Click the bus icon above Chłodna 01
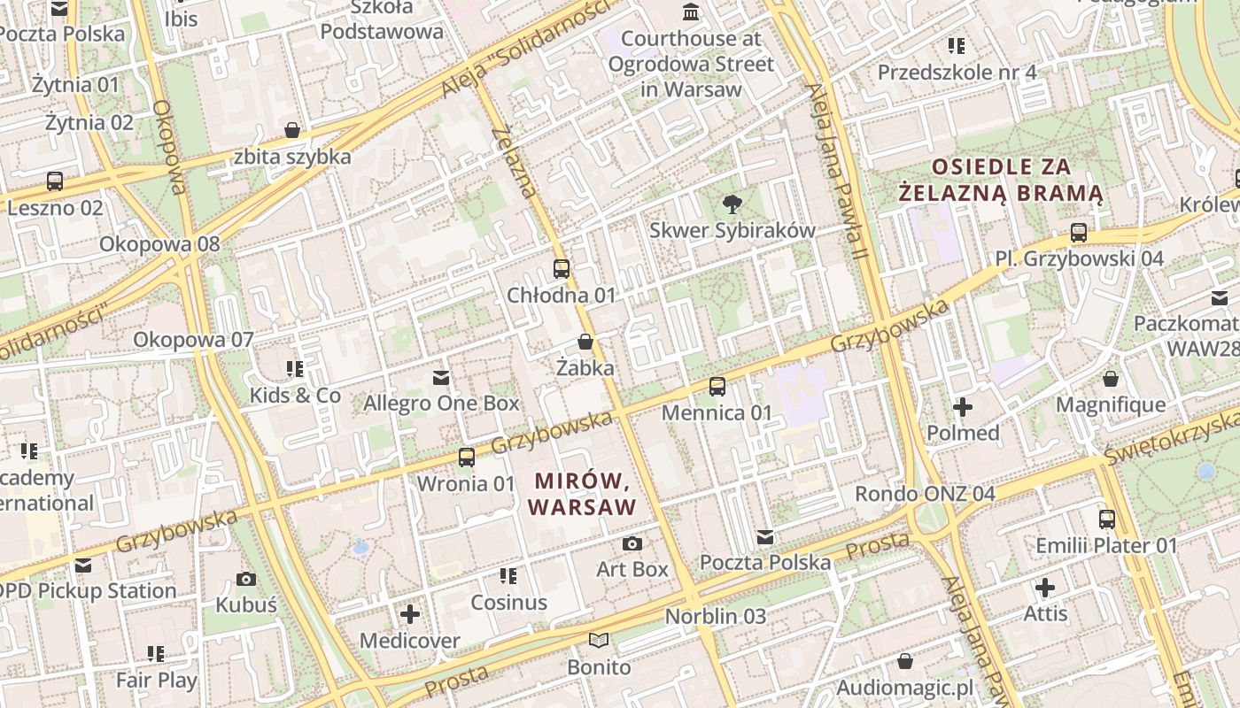tap(562, 269)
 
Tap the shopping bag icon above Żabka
tap(585, 342)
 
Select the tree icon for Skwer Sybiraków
tap(732, 205)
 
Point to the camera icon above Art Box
tap(632, 543)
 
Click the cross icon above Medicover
tap(410, 614)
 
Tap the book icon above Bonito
tap(599, 641)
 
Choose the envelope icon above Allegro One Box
tap(440, 378)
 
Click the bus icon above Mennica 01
tap(717, 387)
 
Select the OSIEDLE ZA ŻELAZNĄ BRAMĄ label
tap(1001, 180)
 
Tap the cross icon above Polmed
tap(963, 407)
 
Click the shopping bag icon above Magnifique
tap(1111, 380)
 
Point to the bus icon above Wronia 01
tap(466, 458)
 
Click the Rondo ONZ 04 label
tap(925, 494)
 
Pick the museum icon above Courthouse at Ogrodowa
tap(690, 12)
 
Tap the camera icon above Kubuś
tap(246, 580)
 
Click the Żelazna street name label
tap(515, 163)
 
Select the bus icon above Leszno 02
tap(55, 181)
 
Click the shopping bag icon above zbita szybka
tap(292, 131)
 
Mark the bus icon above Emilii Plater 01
tap(1107, 519)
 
